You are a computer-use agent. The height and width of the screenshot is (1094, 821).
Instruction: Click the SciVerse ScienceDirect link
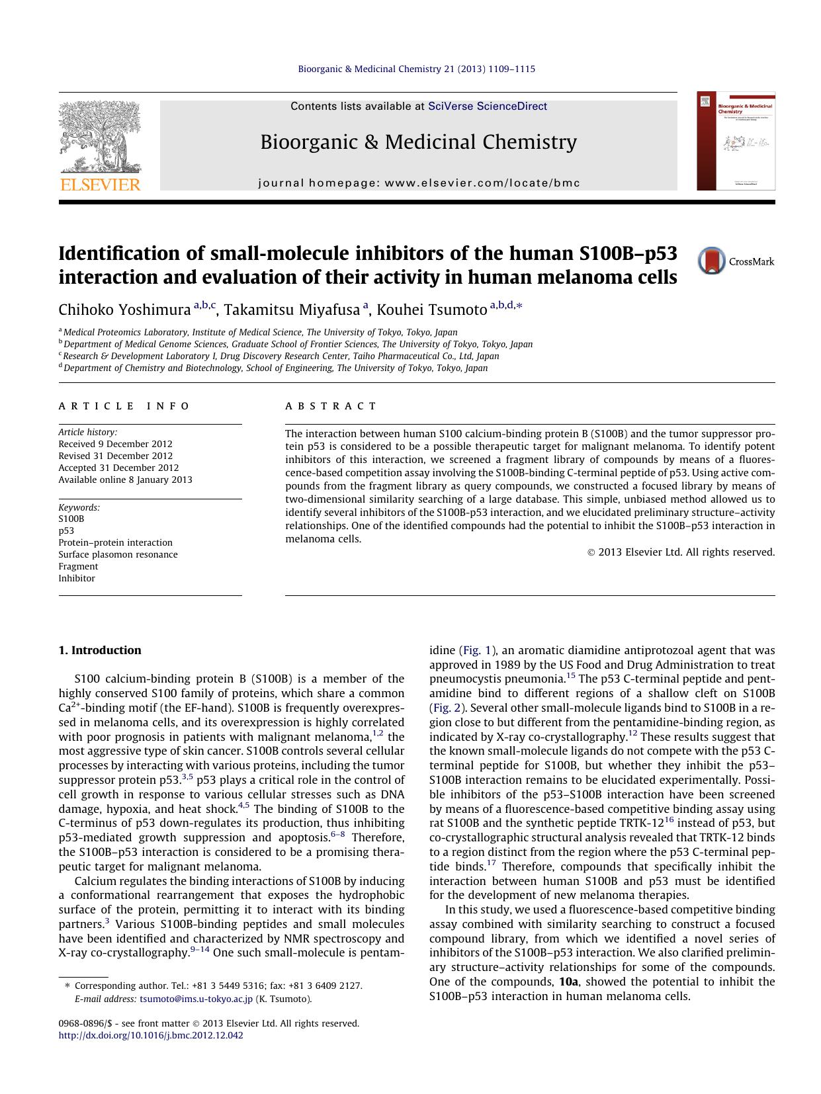(x=488, y=106)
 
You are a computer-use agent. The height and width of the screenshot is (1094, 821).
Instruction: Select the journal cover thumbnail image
(x=736, y=141)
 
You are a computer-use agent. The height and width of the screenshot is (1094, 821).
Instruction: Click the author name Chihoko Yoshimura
(x=124, y=310)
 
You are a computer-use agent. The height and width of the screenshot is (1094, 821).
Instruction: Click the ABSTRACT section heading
(x=331, y=406)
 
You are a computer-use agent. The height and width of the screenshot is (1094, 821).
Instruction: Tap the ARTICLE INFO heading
(x=124, y=406)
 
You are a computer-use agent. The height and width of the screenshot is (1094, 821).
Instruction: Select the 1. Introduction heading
(x=100, y=650)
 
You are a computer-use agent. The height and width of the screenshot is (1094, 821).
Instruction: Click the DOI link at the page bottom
(x=151, y=1035)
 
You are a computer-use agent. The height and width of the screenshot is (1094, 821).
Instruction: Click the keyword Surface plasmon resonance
(x=118, y=554)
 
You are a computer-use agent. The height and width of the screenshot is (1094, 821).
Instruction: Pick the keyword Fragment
(x=78, y=566)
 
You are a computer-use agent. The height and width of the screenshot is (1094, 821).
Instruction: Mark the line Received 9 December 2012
(x=115, y=444)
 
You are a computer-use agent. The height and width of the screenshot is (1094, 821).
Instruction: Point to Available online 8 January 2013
(x=125, y=480)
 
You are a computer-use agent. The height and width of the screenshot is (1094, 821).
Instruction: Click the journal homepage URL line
(x=419, y=183)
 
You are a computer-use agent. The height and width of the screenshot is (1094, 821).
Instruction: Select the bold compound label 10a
(x=568, y=982)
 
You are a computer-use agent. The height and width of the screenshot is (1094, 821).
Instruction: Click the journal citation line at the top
(x=417, y=69)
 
